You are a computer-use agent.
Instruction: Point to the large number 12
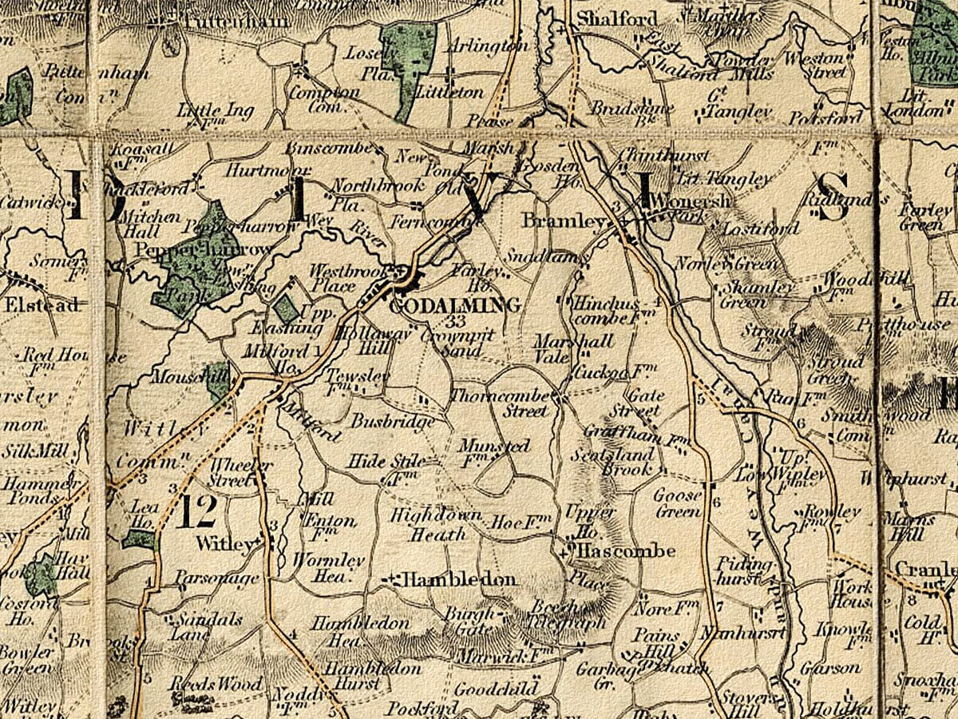coord(196,512)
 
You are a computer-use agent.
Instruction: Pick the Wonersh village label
coord(690,201)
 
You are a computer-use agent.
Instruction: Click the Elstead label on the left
coord(42,305)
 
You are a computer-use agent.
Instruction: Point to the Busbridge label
coord(394,421)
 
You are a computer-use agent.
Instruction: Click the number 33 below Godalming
coord(457,321)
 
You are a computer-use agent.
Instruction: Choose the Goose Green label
coord(678,503)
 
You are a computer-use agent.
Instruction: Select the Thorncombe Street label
coord(501,403)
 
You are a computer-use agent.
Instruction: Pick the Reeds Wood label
coord(215,685)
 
